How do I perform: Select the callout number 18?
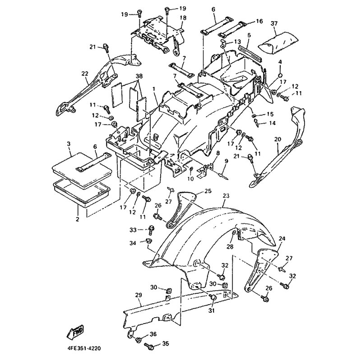click(x=182, y=18)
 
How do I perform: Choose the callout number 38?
click(x=127, y=76)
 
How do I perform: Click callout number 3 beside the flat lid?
click(x=69, y=143)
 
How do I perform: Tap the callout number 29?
click(x=139, y=295)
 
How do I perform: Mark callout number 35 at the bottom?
click(x=165, y=344)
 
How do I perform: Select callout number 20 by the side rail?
click(x=277, y=140)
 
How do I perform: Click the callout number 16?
click(x=259, y=21)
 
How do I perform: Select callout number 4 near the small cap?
click(x=280, y=61)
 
